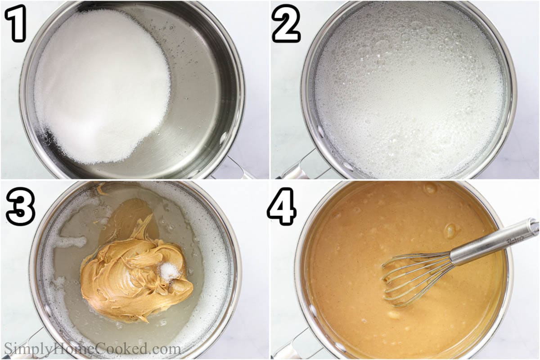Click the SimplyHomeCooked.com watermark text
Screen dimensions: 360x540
click(x=92, y=349)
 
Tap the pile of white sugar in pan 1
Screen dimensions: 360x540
click(x=101, y=85)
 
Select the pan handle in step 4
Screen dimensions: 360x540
click(x=288, y=346)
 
